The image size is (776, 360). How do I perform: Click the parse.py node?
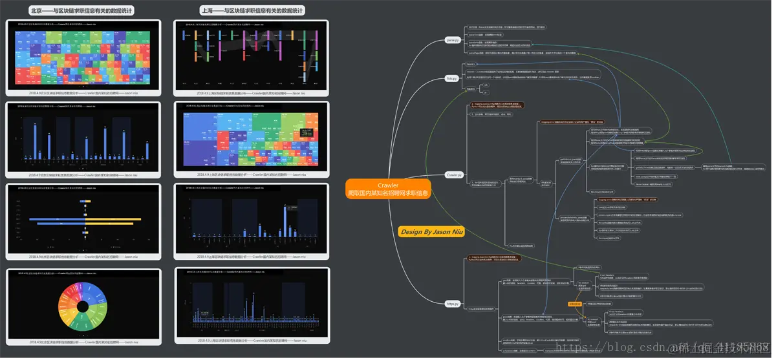tap(452, 40)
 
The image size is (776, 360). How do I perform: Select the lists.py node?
tap(451, 78)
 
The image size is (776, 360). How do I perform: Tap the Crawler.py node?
tap(454, 175)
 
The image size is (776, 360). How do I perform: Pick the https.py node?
tap(452, 303)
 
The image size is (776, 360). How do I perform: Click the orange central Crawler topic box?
tap(387, 189)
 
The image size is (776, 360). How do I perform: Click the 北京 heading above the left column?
tap(82, 11)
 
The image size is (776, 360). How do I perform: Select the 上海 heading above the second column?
tap(252, 11)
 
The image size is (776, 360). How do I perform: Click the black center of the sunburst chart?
tap(83, 306)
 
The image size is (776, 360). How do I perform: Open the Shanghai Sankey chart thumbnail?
tap(252, 56)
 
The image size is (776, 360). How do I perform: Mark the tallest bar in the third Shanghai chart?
tap(286, 219)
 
